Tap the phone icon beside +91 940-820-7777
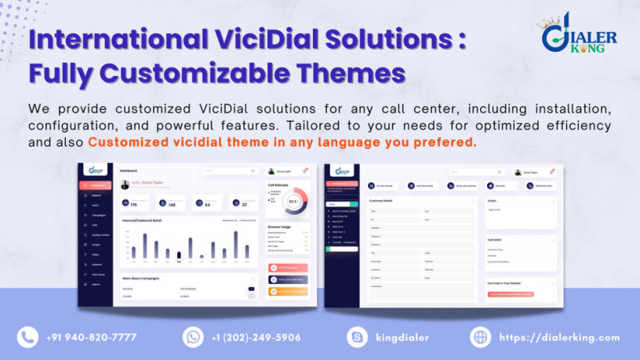(x=28, y=336)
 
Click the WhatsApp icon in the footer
(x=193, y=336)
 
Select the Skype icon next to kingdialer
(x=358, y=336)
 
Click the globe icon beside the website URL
(x=481, y=336)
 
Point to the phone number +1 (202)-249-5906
(x=256, y=337)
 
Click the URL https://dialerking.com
(x=559, y=337)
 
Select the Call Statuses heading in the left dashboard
(x=279, y=186)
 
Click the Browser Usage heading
(x=280, y=227)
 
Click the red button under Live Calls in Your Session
(x=511, y=294)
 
